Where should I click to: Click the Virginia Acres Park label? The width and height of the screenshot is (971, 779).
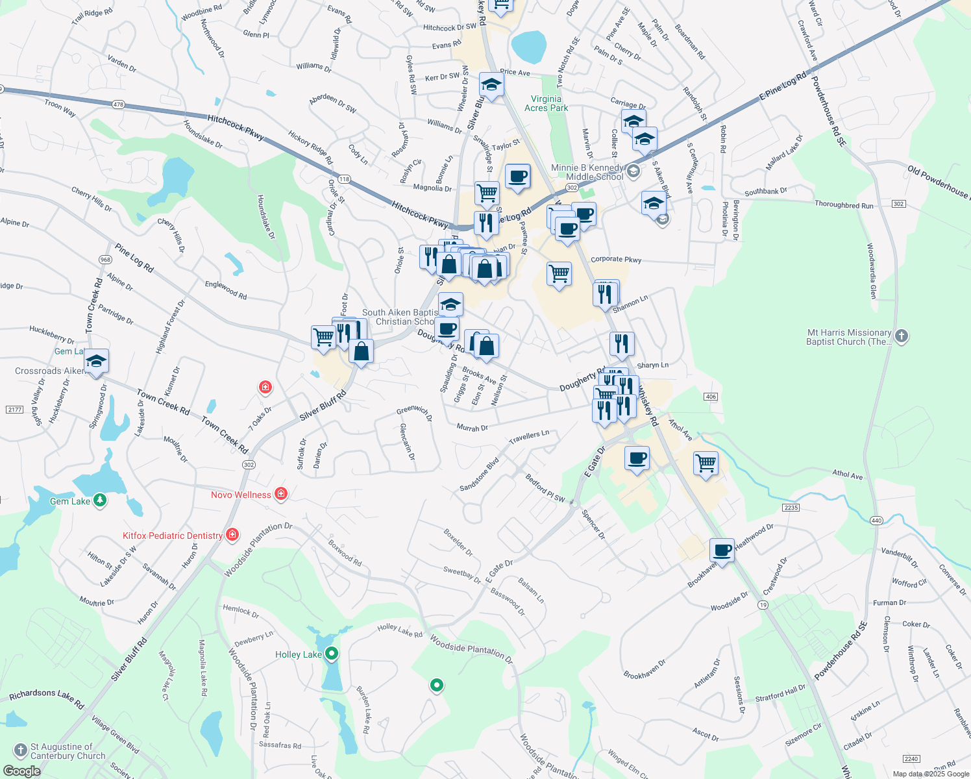point(546,103)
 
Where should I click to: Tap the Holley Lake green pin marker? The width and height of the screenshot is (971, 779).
point(332,654)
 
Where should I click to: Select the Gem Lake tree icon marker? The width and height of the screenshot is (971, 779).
point(99,500)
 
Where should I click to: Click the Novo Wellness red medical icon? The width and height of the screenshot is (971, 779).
point(281,494)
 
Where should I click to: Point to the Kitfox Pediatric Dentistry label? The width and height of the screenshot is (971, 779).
point(173,536)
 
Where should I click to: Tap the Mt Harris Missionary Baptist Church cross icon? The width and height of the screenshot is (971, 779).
point(901,336)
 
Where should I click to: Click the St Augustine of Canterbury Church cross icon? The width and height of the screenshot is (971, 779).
point(20,750)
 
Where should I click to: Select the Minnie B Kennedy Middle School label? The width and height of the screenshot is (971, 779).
point(587,172)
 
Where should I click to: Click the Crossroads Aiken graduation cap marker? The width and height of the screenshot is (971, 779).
point(96,362)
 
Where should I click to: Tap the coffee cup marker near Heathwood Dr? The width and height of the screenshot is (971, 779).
point(722,550)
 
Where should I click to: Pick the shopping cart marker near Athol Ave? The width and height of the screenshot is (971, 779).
point(706,464)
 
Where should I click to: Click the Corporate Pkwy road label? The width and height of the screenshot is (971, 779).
point(616,259)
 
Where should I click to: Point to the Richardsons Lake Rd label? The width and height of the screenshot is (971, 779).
point(47,698)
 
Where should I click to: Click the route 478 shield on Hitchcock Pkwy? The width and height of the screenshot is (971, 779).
point(117,104)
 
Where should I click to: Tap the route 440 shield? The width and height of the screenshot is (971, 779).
point(876,520)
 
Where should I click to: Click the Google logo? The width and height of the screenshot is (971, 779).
point(22,771)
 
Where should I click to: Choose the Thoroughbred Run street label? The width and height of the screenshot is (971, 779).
point(844,204)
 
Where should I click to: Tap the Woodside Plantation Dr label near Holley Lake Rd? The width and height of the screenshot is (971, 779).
point(471,648)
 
